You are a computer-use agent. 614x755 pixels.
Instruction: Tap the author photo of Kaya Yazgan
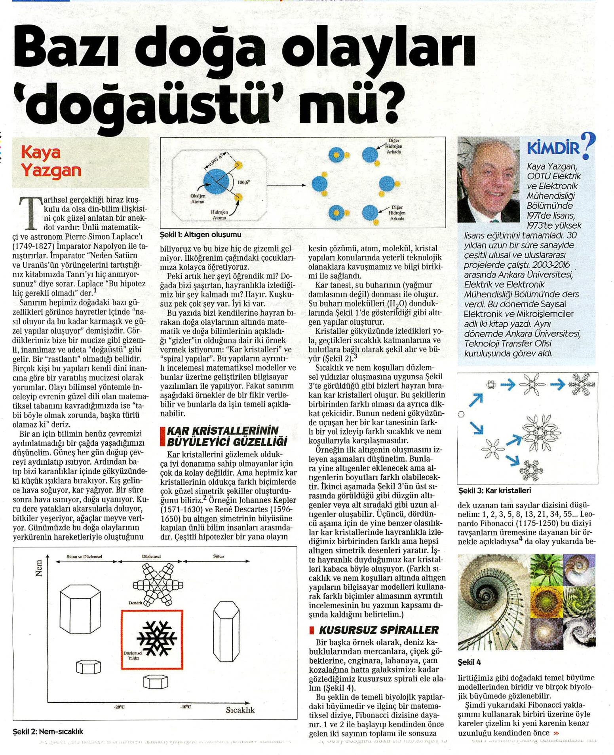488,180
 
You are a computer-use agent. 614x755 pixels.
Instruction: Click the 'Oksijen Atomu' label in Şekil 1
198,199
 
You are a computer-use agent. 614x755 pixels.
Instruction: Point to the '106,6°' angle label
244,182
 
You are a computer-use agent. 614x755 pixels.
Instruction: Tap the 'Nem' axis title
39,570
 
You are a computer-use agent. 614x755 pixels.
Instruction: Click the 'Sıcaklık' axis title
240,710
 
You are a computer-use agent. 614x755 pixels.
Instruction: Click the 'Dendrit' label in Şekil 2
135,603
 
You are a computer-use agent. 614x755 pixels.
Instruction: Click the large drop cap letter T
29,212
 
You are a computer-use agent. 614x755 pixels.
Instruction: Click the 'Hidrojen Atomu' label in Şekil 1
219,215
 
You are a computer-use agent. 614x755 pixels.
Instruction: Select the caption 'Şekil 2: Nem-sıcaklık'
48,731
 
